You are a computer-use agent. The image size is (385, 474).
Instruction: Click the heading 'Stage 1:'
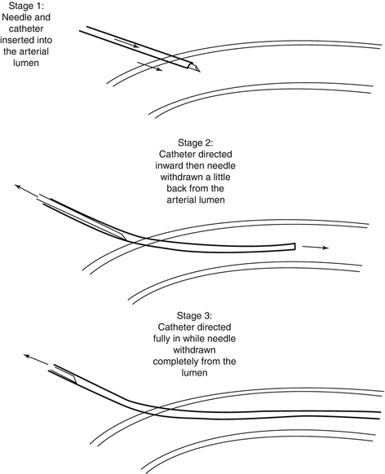(26, 6)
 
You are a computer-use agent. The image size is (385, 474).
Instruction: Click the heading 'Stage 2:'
(195, 143)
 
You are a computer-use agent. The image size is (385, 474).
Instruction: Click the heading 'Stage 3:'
(194, 316)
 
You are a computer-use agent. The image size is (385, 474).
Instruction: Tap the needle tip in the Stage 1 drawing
(200, 72)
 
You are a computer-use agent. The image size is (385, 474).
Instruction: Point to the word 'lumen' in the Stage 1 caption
(26, 63)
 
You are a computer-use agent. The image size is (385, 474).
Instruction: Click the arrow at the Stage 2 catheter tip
(315, 248)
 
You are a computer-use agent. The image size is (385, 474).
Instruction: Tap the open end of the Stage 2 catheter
(294, 247)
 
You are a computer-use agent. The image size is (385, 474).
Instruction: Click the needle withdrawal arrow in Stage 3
(36, 360)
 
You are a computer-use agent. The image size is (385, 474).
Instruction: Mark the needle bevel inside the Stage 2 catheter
(121, 235)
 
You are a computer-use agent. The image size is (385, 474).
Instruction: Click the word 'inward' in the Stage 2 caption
(170, 165)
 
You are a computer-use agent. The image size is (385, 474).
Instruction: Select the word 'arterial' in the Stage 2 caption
(181, 200)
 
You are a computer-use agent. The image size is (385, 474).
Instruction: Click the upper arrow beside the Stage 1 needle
(126, 43)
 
